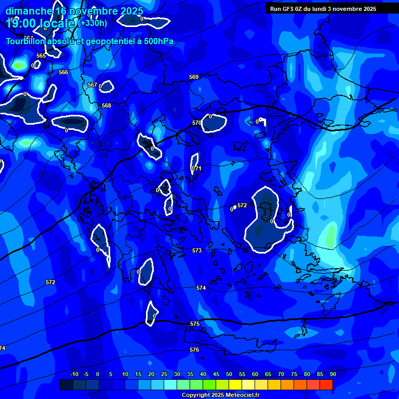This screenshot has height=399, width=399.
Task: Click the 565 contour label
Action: click(x=41, y=56)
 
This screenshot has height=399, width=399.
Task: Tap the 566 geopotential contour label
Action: click(x=63, y=72)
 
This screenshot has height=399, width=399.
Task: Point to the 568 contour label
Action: click(x=107, y=105)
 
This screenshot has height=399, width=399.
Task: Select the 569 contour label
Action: click(x=194, y=77)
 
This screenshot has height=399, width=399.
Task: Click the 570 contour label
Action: click(x=196, y=123)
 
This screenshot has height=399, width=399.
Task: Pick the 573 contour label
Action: click(x=197, y=250)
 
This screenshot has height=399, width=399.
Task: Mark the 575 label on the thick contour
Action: click(x=195, y=324)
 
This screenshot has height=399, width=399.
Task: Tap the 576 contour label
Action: click(x=194, y=350)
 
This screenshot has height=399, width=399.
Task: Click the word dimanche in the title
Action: click(x=29, y=11)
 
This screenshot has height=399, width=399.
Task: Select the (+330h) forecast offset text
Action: click(x=93, y=23)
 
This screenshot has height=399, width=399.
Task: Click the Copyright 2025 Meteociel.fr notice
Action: click(x=220, y=395)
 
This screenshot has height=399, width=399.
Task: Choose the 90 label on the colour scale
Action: click(x=332, y=374)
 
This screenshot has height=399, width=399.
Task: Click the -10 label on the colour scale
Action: click(x=74, y=374)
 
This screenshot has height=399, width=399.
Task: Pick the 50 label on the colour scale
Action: click(x=229, y=374)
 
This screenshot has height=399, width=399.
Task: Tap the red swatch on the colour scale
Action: click(x=326, y=384)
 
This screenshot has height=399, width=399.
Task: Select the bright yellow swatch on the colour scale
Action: click(x=235, y=384)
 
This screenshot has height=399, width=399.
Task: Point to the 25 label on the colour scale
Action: click(x=164, y=374)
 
